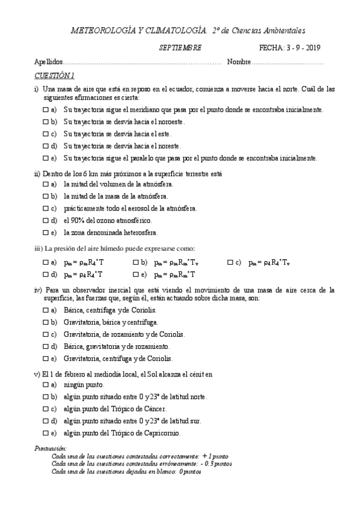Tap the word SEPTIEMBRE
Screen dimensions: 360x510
click(x=180, y=48)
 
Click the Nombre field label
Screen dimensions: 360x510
click(x=239, y=62)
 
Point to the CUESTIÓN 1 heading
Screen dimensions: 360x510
click(x=55, y=76)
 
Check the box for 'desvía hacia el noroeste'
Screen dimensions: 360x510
click(x=46, y=121)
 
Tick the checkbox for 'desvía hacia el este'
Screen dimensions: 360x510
click(x=46, y=134)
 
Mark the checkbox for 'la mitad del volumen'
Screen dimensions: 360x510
click(x=46, y=184)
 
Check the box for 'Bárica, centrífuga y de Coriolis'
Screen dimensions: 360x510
click(x=46, y=310)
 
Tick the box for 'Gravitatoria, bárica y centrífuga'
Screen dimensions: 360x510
click(x=46, y=322)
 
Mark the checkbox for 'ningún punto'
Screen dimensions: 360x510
click(x=46, y=384)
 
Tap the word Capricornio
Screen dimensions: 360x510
click(x=157, y=433)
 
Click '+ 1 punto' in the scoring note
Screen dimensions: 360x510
click(x=215, y=456)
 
